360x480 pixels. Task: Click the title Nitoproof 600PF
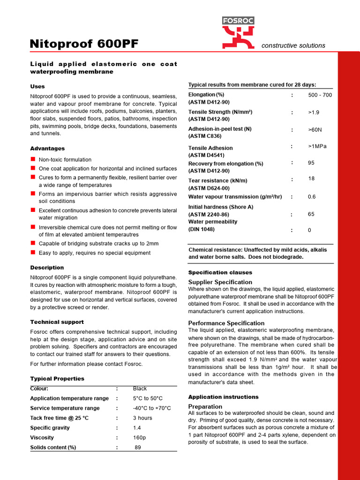point(84,44)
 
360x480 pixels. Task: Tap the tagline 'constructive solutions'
point(293,45)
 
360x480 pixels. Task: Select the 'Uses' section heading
point(37,86)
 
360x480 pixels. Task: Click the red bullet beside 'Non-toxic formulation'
point(33,159)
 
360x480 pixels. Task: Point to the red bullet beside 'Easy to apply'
point(33,252)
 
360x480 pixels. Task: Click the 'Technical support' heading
point(57,322)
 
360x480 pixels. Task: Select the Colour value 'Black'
point(140,389)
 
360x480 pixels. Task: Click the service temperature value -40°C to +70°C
point(152,408)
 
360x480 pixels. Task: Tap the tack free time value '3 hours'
point(142,418)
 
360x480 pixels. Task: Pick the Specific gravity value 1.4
point(137,428)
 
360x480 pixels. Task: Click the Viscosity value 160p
point(139,438)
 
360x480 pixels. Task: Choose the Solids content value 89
point(138,448)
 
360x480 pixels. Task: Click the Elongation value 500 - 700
point(320,95)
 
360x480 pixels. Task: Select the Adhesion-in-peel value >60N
point(315,130)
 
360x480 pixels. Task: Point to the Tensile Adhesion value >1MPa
point(317,146)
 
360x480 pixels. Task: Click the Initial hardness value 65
point(311,214)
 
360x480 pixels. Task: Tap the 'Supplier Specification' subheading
point(220,282)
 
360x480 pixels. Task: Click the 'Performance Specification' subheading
point(226,323)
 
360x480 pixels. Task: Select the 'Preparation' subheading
point(205,406)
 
